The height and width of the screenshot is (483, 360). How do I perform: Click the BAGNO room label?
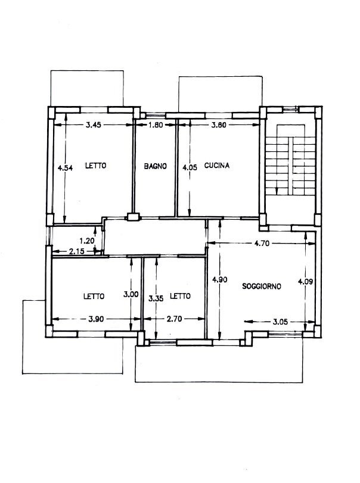pyautogui.click(x=156, y=166)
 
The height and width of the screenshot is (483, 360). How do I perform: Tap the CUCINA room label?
pyautogui.click(x=217, y=166)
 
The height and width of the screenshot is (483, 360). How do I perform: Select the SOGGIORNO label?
pyautogui.click(x=262, y=286)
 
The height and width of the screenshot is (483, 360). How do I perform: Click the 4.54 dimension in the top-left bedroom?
pyautogui.click(x=66, y=168)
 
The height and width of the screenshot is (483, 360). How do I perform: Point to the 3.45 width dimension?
pyautogui.click(x=94, y=124)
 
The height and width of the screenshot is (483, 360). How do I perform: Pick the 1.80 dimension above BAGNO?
pyautogui.click(x=156, y=124)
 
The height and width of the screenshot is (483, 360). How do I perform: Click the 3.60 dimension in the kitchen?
pyautogui.click(x=219, y=124)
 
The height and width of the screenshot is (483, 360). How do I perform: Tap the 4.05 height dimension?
pyautogui.click(x=190, y=167)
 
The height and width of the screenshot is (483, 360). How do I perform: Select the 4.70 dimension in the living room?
pyautogui.click(x=262, y=244)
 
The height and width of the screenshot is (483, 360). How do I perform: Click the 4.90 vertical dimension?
pyautogui.click(x=220, y=279)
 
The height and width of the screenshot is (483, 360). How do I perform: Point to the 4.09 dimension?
pyautogui.click(x=305, y=281)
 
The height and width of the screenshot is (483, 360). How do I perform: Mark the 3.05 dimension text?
pyautogui.click(x=280, y=322)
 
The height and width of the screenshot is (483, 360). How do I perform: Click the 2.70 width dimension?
pyautogui.click(x=175, y=319)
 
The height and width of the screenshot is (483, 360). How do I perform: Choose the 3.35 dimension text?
pyautogui.click(x=156, y=298)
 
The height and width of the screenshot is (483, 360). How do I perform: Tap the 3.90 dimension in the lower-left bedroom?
pyautogui.click(x=96, y=319)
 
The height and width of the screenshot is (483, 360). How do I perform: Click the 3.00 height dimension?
pyautogui.click(x=131, y=294)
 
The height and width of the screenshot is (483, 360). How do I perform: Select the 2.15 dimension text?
pyautogui.click(x=77, y=251)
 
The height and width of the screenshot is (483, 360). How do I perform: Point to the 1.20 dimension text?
pyautogui.click(x=87, y=241)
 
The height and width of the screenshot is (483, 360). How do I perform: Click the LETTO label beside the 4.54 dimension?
pyautogui.click(x=96, y=166)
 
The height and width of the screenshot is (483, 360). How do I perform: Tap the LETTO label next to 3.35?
pyautogui.click(x=181, y=296)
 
